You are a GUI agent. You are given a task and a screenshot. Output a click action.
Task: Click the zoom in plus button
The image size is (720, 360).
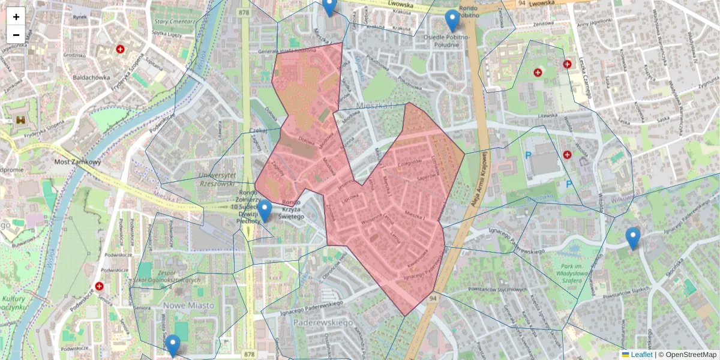pos(16,17)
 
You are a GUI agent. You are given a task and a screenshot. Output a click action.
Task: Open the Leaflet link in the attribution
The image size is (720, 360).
pos(641,355)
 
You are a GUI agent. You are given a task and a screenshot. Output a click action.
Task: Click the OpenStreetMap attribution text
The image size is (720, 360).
pos(689,355)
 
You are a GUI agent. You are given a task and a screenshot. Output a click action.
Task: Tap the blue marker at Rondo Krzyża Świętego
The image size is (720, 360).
pos(264,211)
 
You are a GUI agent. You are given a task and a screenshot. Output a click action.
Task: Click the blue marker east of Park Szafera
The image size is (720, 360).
pos(632,238)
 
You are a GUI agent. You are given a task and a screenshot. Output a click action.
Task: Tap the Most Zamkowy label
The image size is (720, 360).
pos(77,162)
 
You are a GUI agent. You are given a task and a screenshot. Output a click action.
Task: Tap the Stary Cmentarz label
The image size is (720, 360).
pos(174,22)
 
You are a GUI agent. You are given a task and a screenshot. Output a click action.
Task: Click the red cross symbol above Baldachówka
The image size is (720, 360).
pos(121,49)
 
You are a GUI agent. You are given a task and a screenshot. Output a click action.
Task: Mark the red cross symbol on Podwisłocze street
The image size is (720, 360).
pos(100,287)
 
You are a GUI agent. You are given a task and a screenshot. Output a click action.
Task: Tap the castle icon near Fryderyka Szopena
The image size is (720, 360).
pos(22,120)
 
